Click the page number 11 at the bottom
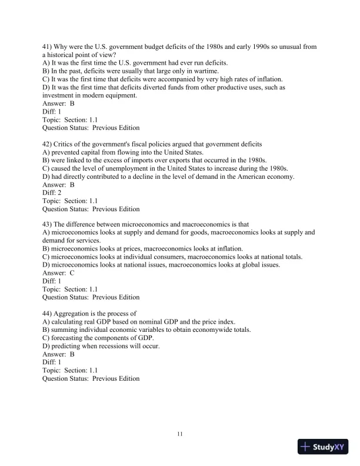click(180, 434)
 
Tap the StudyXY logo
click(324, 447)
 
